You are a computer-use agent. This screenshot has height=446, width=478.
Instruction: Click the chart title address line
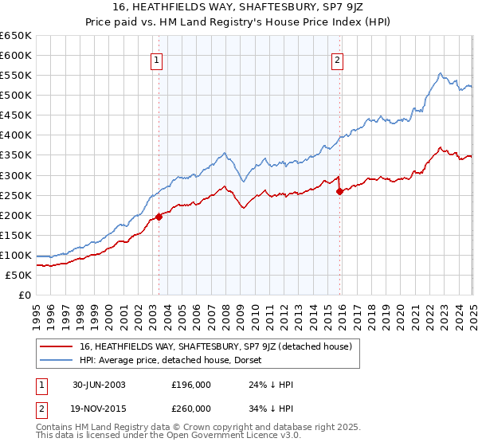coord(238,7)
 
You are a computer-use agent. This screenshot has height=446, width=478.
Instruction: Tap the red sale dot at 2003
coord(159,216)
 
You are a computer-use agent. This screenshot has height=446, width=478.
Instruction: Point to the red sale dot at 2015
coord(340,191)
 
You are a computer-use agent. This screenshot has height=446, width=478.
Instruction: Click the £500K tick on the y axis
coord(16,95)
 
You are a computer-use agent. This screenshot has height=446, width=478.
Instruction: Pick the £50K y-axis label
coord(18,275)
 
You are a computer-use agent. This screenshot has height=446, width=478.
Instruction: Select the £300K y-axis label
coord(16,175)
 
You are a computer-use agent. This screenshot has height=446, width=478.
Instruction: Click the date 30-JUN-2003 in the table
coord(98,384)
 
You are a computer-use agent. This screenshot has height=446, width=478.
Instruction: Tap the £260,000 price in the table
coord(190,408)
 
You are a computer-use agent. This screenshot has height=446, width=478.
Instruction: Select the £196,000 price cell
coord(190,384)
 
